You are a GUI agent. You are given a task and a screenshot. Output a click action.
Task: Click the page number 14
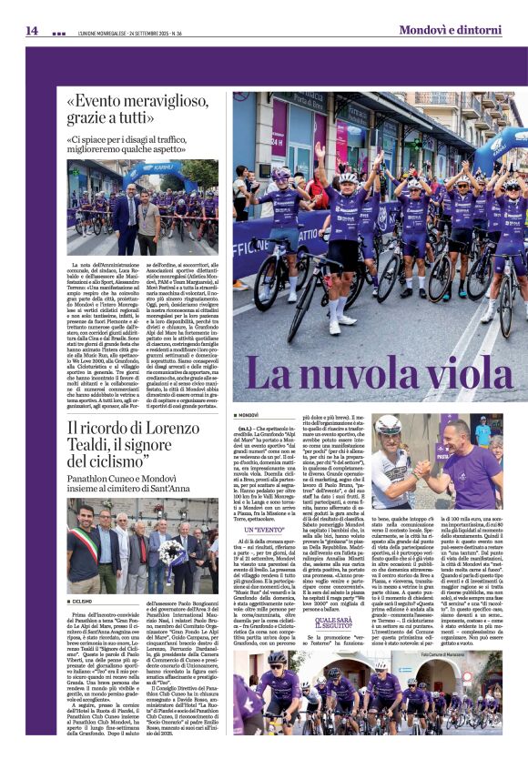click(31, 30)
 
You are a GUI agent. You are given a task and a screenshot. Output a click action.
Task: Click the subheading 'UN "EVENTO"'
click(269, 528)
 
